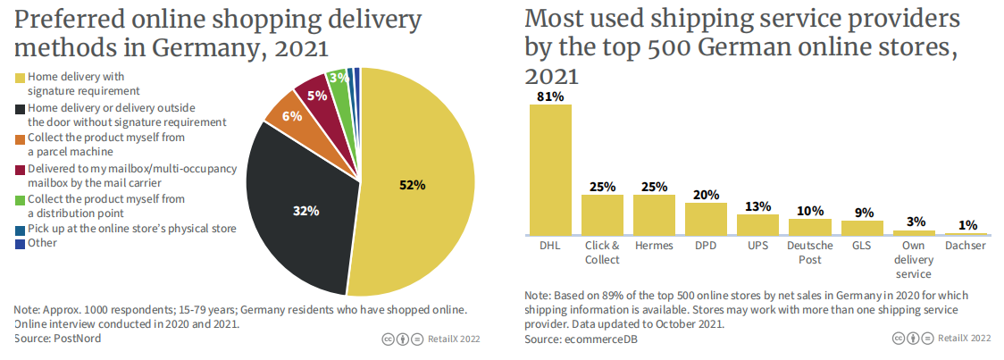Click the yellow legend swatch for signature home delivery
pos(21,78)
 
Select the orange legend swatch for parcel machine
pos(21,138)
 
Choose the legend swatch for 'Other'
pos(21,243)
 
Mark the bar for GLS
pos(861,227)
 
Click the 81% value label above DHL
pos(550,96)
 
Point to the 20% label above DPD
pos(706,196)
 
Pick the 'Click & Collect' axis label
pos(602,252)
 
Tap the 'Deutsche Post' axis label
pos(809,252)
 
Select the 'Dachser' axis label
pos(965,246)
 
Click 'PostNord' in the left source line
pos(79,339)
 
